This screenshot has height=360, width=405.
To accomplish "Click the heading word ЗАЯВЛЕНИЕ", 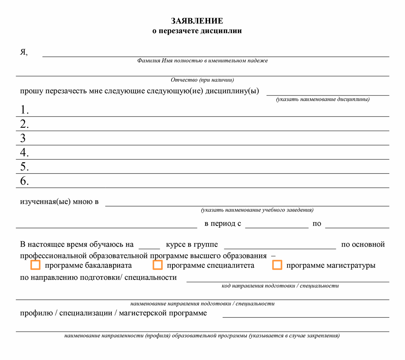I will point(197,21).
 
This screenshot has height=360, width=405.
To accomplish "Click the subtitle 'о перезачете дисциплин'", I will point(197,31).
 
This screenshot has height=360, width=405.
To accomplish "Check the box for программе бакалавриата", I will point(35,265).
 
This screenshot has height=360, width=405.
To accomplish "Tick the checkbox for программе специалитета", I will point(158,265).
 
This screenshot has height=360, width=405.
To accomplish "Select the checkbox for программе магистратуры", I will point(277,265).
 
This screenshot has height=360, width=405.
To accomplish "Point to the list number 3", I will point(23,138).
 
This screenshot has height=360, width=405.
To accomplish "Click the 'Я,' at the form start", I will point(24,52).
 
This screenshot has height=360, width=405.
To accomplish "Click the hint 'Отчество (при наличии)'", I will point(202,80).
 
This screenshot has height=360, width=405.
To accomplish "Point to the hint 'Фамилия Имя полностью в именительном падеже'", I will point(202,61).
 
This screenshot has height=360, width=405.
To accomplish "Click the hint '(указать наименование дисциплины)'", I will point(323,99).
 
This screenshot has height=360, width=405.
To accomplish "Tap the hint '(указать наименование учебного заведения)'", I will point(257,210).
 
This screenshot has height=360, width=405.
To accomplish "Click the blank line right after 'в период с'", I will point(277,225).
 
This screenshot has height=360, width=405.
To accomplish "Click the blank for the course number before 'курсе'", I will point(149,246).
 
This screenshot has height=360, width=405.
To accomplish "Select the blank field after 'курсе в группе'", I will point(280,246).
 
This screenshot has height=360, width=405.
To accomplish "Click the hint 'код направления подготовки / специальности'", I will point(280,286).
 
